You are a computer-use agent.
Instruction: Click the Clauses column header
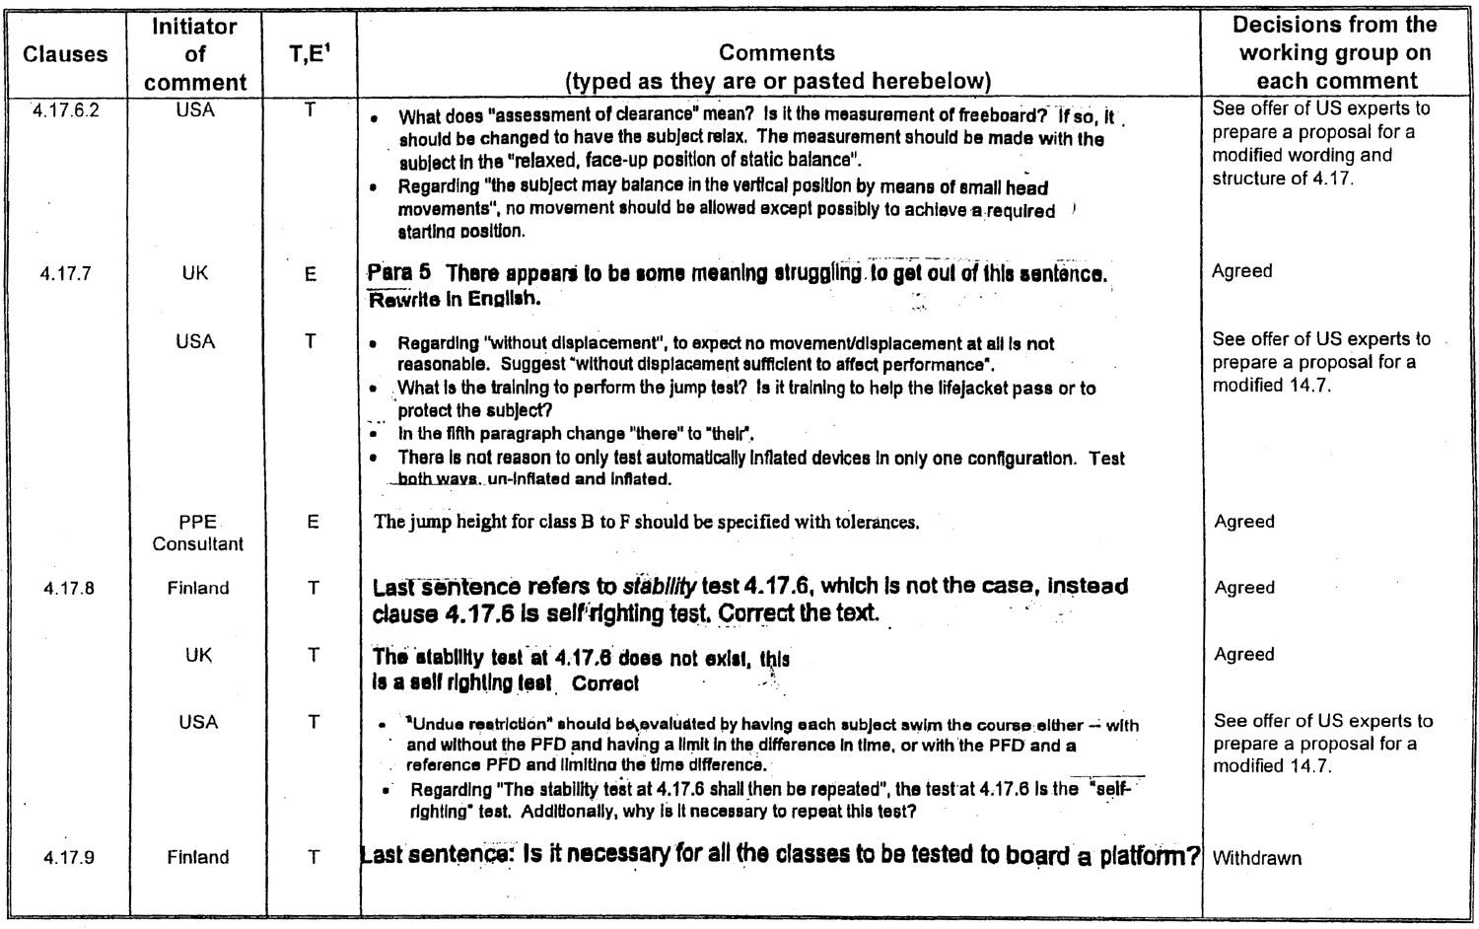coord(65,55)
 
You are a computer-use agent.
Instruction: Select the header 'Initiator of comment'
coord(195,54)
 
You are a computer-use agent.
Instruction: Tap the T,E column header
coord(311,55)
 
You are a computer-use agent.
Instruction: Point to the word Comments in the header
coord(777,53)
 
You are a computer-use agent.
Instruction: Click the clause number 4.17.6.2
coord(65,109)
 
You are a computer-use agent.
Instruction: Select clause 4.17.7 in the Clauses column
coord(65,274)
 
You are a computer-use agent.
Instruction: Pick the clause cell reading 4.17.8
coord(69,589)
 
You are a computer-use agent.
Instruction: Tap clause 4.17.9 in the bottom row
coord(69,858)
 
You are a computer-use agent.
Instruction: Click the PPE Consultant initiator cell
coord(197,533)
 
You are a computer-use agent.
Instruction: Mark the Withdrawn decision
coord(1257,859)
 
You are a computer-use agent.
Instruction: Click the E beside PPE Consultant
coord(313,523)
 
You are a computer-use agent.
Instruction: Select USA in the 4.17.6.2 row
coord(195,110)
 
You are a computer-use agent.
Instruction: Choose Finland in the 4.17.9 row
coord(198,858)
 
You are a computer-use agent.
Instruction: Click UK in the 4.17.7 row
coord(195,273)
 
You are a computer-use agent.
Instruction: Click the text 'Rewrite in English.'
coord(455,298)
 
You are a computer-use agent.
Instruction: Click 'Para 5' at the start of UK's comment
coord(398,272)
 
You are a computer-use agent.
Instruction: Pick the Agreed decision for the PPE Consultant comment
coord(1244,522)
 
